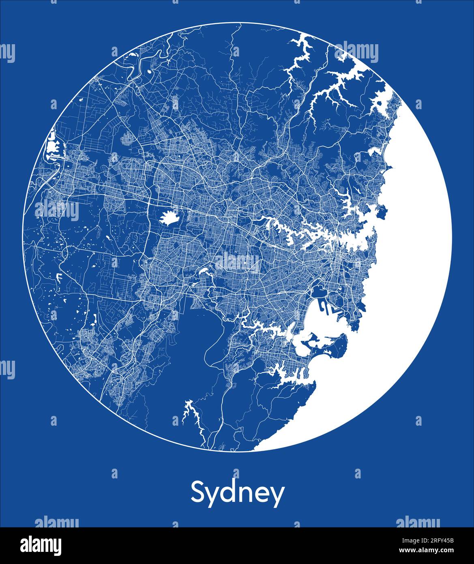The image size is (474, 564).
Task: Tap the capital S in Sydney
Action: coord(198,492)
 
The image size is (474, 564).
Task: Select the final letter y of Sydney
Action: coord(277,496)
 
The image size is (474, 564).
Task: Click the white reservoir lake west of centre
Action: coord(169,218)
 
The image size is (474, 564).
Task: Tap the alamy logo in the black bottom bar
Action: coord(41,545)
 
